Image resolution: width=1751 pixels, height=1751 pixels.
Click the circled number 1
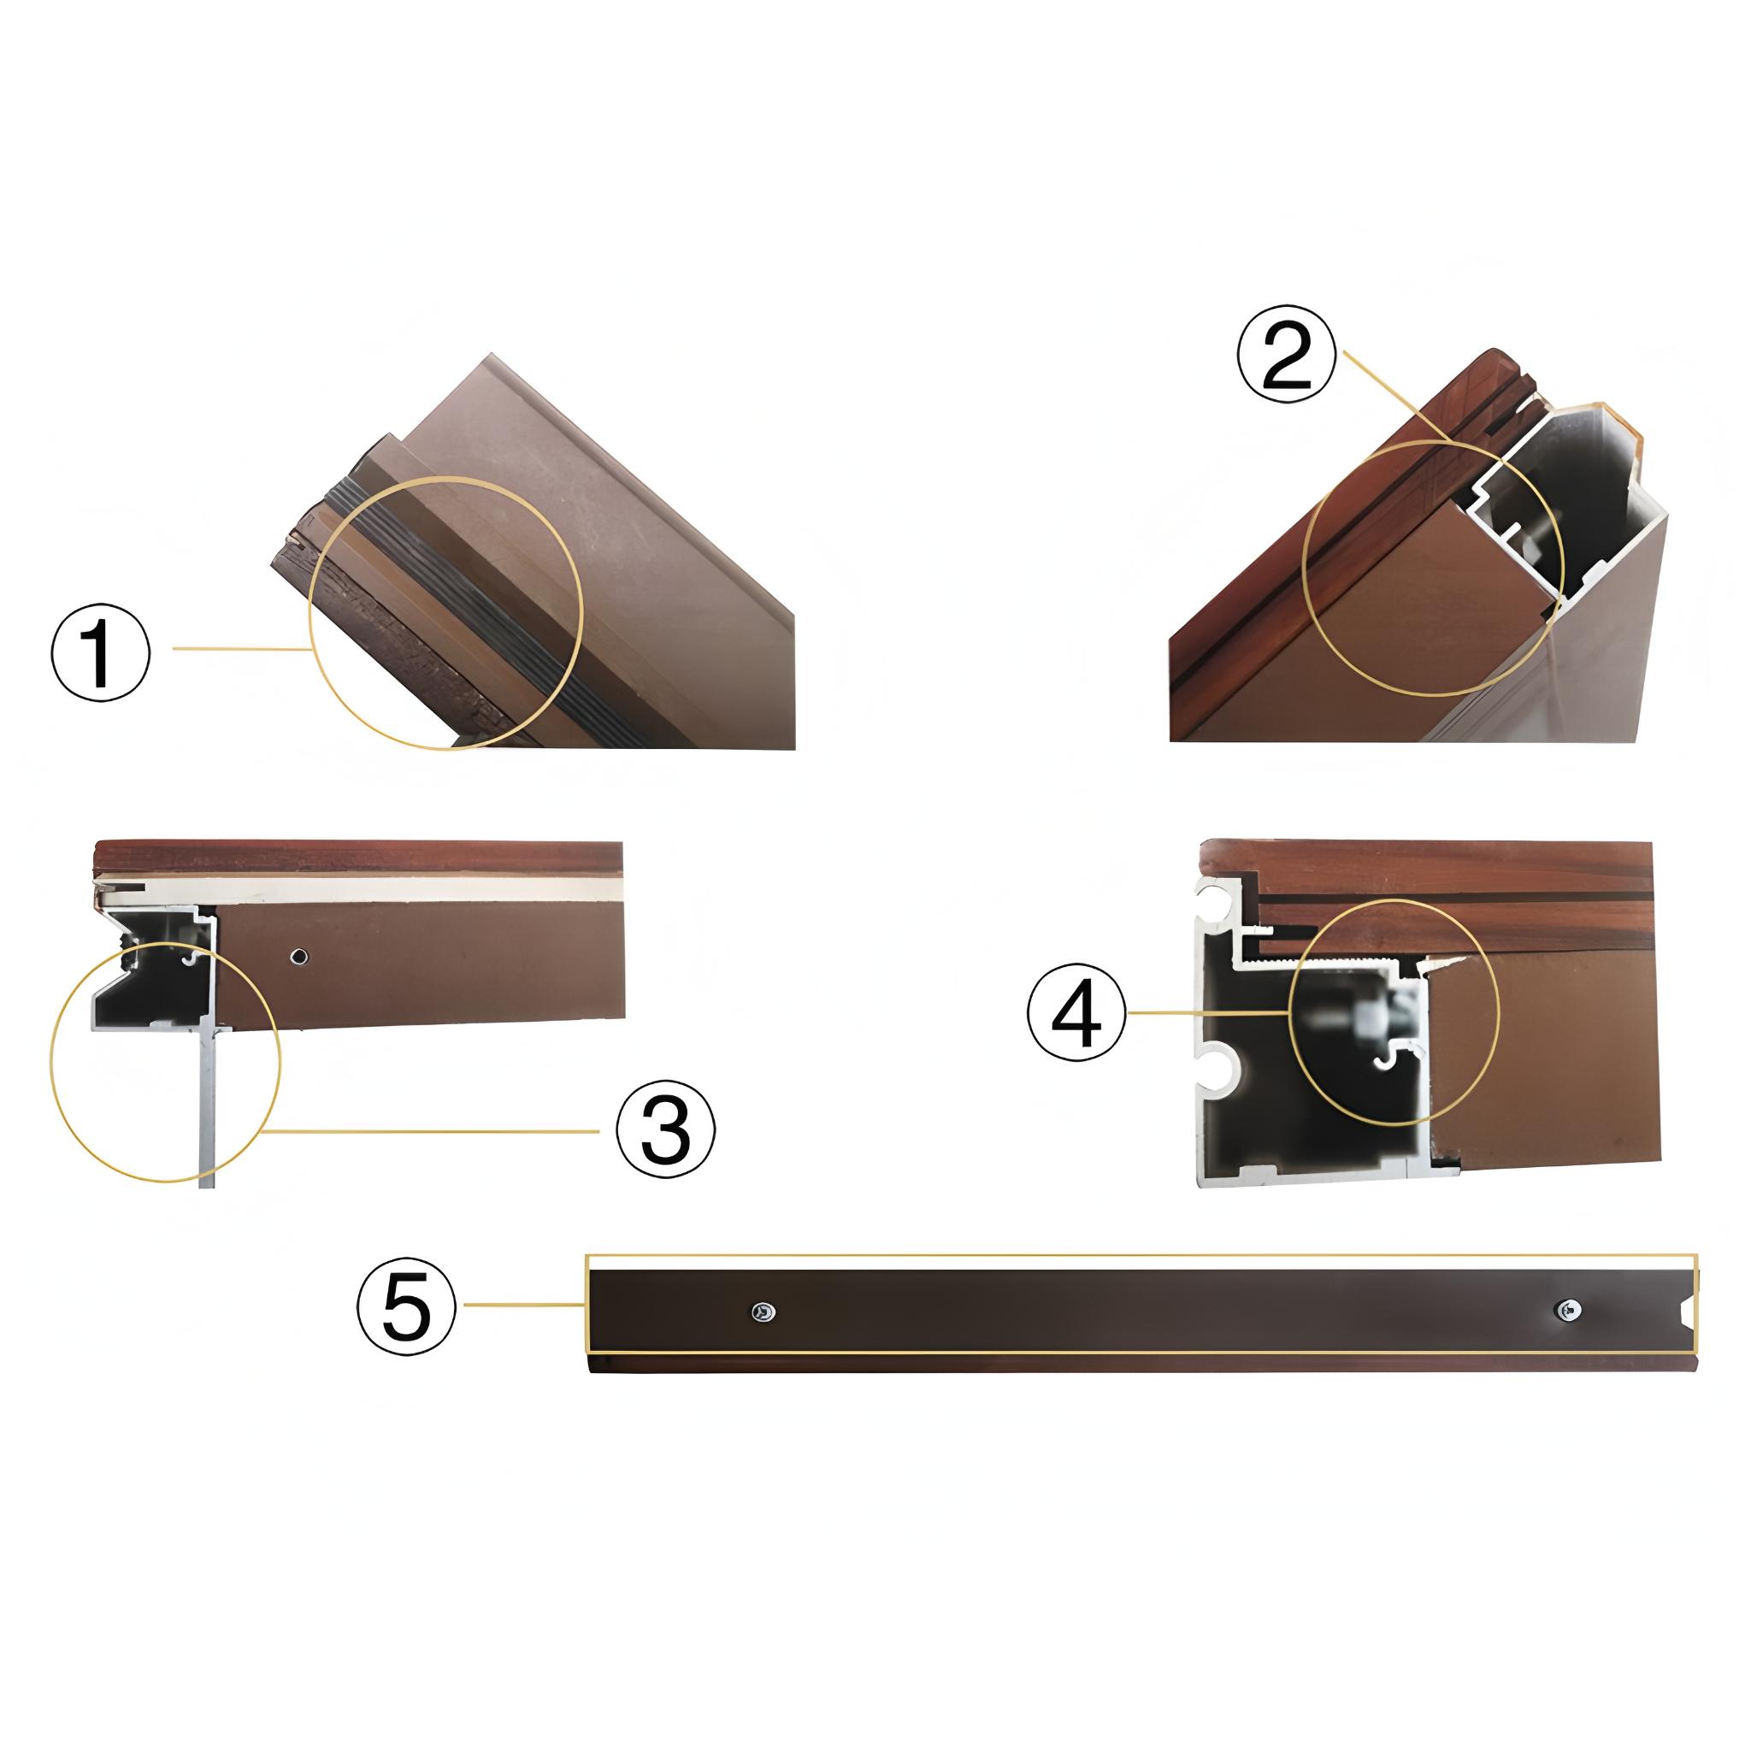click(100, 651)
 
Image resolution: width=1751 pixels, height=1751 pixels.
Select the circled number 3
click(666, 1131)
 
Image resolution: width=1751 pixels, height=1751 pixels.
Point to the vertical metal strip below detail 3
click(208, 1105)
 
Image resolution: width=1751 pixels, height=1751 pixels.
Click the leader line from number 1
click(240, 648)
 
